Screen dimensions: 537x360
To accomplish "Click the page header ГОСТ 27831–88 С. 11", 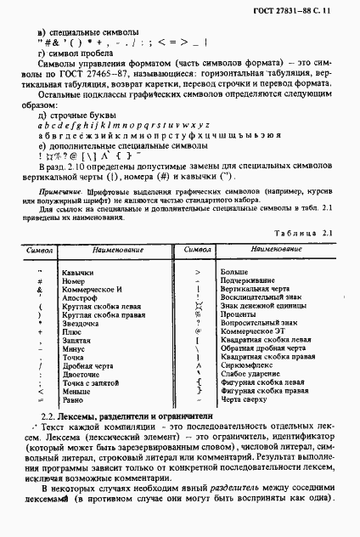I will [302, 9].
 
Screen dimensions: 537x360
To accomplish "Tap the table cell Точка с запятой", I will [91, 383].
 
